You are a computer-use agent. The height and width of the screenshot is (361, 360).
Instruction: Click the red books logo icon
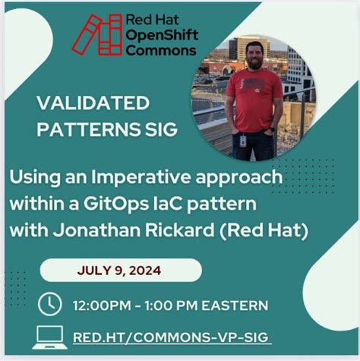click(x=96, y=34)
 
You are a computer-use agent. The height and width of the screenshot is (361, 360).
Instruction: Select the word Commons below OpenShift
click(x=161, y=51)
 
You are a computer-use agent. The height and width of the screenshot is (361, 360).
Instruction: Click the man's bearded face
click(x=255, y=59)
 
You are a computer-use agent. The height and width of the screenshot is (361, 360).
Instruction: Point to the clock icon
click(x=49, y=304)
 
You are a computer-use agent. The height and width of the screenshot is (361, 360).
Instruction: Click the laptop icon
click(x=49, y=335)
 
